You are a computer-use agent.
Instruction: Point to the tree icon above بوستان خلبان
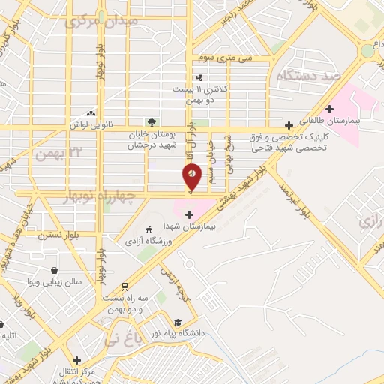click(x=152, y=122)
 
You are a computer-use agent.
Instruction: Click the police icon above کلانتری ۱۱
click(x=199, y=77)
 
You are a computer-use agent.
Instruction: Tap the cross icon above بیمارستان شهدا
click(x=188, y=214)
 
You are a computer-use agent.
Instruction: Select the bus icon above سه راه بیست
click(x=124, y=286)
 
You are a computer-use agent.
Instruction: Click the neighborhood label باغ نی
click(x=124, y=333)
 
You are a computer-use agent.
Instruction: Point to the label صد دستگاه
click(x=309, y=76)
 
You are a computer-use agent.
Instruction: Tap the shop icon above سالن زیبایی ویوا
click(x=55, y=271)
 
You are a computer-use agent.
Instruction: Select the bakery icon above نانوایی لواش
click(x=91, y=113)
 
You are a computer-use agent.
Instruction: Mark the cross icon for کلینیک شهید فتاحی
click(x=289, y=125)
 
